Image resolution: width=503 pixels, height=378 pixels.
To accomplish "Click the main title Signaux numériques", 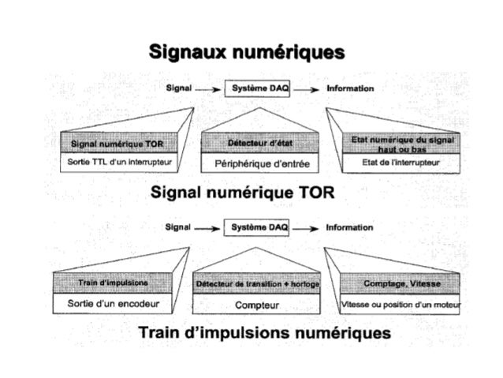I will point(248,52).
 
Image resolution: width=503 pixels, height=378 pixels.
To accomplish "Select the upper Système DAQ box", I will point(259,89).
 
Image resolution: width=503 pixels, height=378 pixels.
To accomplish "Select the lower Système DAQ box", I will point(258,228).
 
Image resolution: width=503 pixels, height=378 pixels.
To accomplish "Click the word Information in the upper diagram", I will point(350,89).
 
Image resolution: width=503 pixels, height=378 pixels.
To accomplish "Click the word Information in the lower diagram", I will point(350,228).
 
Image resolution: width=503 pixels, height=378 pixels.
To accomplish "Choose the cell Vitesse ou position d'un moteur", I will point(402,304).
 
